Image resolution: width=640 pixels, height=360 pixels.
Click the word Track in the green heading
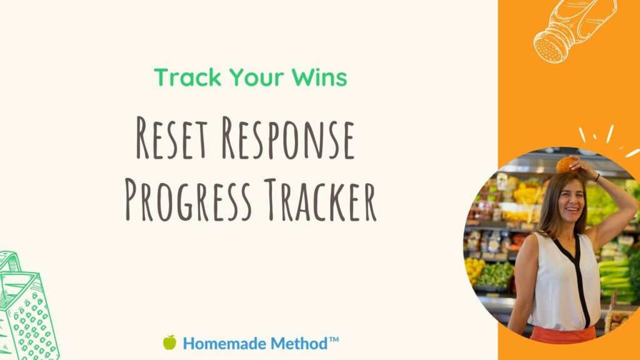pyautogui.click(x=187, y=77)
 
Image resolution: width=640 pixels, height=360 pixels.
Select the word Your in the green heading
pyautogui.click(x=256, y=77)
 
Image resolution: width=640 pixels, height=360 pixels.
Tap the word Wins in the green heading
pyautogui.click(x=319, y=77)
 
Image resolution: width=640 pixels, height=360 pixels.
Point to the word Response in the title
pyautogui.click(x=288, y=138)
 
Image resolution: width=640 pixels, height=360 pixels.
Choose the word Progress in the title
pyautogui.click(x=187, y=199)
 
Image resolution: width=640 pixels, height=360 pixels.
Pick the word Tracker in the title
pyautogui.click(x=320, y=199)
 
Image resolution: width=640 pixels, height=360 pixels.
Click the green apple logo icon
pyautogui.click(x=170, y=342)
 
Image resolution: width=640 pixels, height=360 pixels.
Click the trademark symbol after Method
pyautogui.click(x=334, y=339)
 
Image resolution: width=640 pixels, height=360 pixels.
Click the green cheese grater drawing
pyautogui.click(x=27, y=307)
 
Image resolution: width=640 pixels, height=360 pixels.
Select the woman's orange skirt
pyautogui.click(x=563, y=334)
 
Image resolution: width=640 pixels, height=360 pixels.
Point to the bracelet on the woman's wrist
pyautogui.click(x=597, y=177)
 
